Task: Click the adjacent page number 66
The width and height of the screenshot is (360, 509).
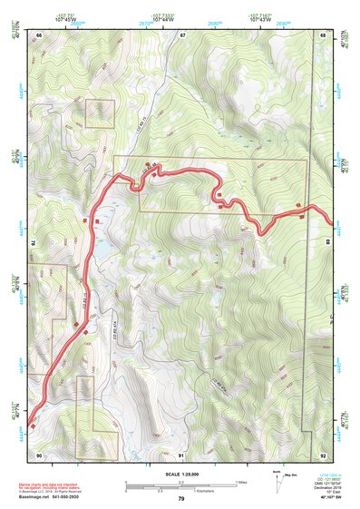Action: coord(39,34)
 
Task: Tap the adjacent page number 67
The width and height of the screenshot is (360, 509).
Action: coord(181,34)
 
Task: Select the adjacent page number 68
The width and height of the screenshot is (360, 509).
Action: coord(323,34)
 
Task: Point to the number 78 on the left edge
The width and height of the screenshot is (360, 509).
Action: coord(33,243)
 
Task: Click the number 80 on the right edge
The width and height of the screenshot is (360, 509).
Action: coord(328,241)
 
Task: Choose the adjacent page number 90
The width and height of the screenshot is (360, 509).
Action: coord(39,454)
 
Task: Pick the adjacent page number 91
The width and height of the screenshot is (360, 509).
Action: coord(181,454)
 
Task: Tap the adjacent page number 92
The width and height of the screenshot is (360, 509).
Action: coord(323,454)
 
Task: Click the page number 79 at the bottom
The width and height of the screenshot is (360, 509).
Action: coord(180,499)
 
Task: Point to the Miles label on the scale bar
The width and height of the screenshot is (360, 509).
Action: coord(241,481)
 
